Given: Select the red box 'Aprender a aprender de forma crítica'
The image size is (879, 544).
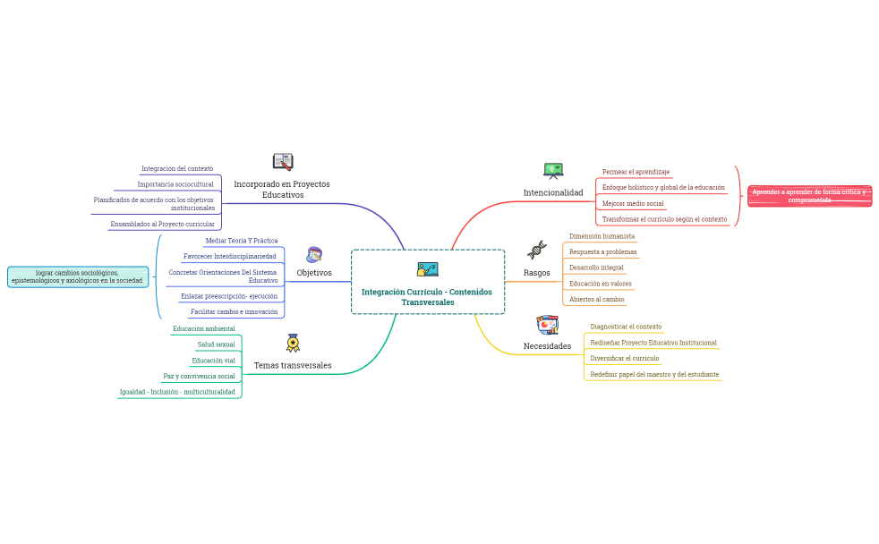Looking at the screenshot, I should click(x=809, y=196).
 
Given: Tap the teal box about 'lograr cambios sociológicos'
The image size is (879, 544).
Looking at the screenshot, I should click(x=77, y=276).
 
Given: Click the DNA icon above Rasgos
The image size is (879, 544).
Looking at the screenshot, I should click(x=537, y=250).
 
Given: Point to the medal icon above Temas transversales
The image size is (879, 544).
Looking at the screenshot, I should click(x=293, y=343).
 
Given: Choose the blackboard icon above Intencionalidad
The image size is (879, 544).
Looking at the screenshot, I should click(x=553, y=170).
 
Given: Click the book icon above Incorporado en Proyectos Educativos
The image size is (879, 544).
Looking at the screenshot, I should click(x=283, y=161).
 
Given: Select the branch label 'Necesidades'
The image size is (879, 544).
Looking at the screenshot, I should click(x=547, y=346).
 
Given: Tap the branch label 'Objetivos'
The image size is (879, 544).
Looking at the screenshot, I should click(x=314, y=273).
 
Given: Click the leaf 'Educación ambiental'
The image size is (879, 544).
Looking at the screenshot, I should click(x=204, y=328).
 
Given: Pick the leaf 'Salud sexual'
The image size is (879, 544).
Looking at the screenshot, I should click(x=217, y=344).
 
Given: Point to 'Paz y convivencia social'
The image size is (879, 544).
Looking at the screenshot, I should click(x=199, y=376).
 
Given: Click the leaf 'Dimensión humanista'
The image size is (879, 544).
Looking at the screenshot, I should click(x=602, y=236).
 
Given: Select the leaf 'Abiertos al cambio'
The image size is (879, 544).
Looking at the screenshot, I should click(x=596, y=299).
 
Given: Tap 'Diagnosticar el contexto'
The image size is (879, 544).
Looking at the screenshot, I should click(x=626, y=327).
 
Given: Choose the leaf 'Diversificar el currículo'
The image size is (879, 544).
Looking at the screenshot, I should click(x=625, y=358).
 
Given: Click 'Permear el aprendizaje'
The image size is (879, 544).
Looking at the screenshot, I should click(x=636, y=172).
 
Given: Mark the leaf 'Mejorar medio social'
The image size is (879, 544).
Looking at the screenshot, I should click(x=633, y=203).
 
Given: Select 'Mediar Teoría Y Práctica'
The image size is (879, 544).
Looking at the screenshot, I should click(x=242, y=241).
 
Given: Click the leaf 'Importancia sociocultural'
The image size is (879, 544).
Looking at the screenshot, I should click(x=175, y=184).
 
